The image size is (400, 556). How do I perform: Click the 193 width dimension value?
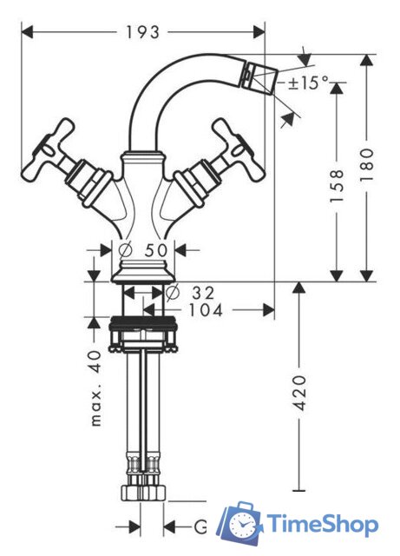143,33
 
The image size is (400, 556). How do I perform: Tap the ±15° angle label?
308,83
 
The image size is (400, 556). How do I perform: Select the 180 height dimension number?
367,165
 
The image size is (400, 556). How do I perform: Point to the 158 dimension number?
337,186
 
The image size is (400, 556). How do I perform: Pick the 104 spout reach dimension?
205,311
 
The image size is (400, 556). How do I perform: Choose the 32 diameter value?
203,293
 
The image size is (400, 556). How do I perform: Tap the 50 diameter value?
155,250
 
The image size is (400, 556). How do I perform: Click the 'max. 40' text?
95,388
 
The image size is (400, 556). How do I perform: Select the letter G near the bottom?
200,526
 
